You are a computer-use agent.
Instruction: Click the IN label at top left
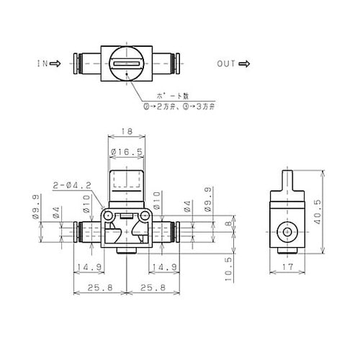pos(42,63)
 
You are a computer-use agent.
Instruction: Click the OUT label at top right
pos(226,63)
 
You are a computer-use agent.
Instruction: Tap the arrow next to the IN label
pos(55,63)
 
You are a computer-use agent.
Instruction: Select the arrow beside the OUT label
pos(243,63)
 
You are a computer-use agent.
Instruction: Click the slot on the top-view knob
pos(127,64)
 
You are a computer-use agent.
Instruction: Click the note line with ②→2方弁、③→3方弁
pos(178,106)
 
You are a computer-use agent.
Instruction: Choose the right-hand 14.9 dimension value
pos(163,267)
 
